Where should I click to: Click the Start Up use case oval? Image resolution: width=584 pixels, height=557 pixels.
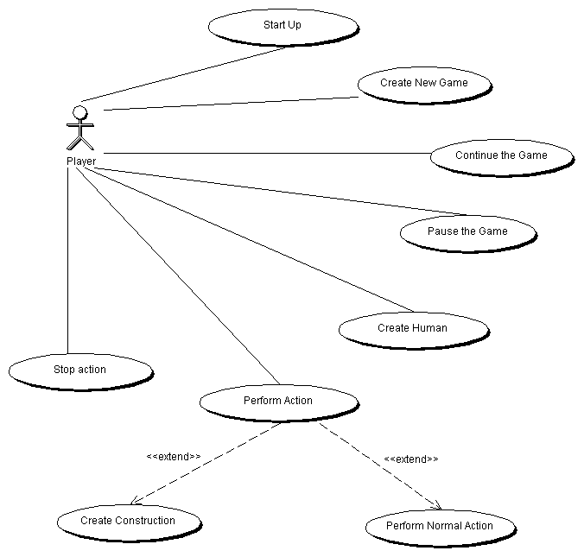tap(282, 25)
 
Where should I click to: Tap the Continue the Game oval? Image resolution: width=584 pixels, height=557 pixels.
tap(501, 155)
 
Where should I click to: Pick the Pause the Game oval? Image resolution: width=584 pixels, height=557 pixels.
tap(467, 231)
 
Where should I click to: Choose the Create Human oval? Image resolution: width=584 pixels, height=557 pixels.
tap(412, 328)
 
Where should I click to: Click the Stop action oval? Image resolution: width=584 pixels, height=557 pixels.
tap(80, 370)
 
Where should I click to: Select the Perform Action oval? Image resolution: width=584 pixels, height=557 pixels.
tap(278, 401)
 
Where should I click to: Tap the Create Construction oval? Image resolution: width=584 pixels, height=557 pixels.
tap(128, 521)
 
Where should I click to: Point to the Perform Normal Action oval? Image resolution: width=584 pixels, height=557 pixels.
tap(440, 526)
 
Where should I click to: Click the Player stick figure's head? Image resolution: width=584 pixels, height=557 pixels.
tap(79, 112)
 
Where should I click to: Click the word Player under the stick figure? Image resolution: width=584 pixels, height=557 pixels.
tap(80, 161)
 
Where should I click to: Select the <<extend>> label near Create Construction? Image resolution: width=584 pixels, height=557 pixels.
tap(174, 456)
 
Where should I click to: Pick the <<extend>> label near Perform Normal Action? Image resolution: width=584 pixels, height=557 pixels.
tap(410, 459)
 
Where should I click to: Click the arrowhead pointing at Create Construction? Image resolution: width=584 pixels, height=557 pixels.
tap(134, 502)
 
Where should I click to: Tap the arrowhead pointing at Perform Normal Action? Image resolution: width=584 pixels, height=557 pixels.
tap(436, 507)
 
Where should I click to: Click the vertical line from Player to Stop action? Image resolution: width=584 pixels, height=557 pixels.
tap(67, 259)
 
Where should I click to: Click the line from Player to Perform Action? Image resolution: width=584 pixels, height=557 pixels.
tap(181, 276)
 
